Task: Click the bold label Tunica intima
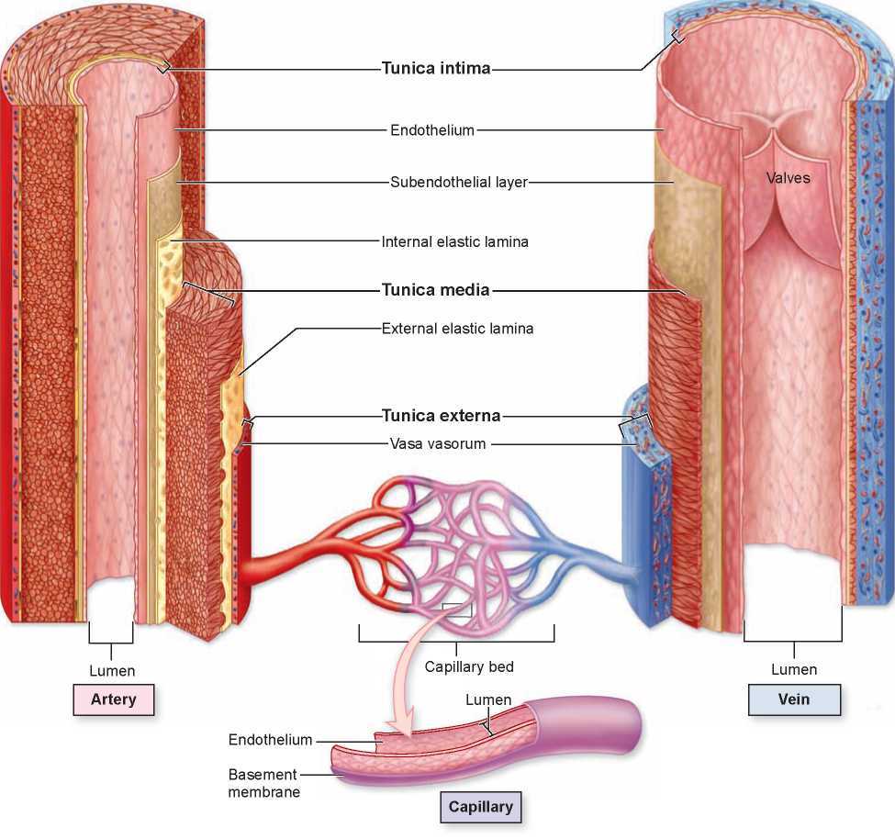pyautogui.click(x=436, y=67)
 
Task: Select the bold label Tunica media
pyautogui.click(x=435, y=290)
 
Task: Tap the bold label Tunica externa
pyautogui.click(x=441, y=415)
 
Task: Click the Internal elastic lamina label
pyautogui.click(x=455, y=242)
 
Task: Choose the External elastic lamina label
pyautogui.click(x=457, y=327)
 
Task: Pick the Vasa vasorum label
pyautogui.click(x=438, y=444)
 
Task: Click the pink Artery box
pyautogui.click(x=113, y=699)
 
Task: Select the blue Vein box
pyautogui.click(x=794, y=699)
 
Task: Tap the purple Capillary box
pyautogui.click(x=479, y=808)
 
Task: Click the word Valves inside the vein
pyautogui.click(x=789, y=177)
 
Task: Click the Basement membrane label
pyautogui.click(x=263, y=783)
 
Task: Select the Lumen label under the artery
pyautogui.click(x=112, y=671)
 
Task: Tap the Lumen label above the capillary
pyautogui.click(x=488, y=699)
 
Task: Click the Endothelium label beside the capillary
pyautogui.click(x=270, y=740)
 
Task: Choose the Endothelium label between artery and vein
pyautogui.click(x=432, y=130)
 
